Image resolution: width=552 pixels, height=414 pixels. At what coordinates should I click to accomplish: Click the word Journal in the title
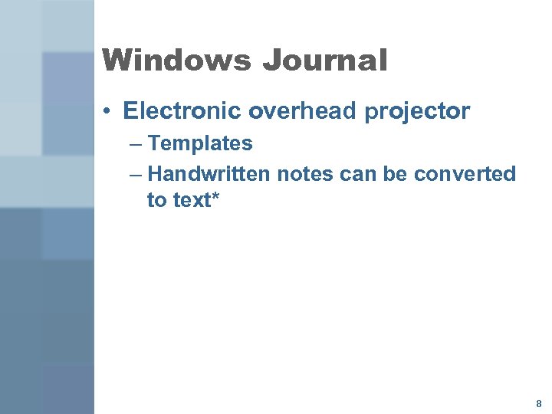click(x=325, y=61)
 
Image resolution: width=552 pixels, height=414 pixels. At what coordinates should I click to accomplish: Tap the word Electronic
click(x=182, y=111)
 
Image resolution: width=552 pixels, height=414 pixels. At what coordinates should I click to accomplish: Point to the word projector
click(x=417, y=112)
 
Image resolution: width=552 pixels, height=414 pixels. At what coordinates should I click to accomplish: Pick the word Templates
click(x=200, y=143)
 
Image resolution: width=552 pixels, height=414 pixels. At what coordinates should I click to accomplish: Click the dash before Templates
click(x=136, y=144)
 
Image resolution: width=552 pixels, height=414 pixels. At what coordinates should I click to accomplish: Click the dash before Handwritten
click(x=136, y=175)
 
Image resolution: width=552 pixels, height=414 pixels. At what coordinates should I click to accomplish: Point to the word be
click(x=396, y=174)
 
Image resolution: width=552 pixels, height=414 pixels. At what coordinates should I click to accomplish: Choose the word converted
click(x=465, y=174)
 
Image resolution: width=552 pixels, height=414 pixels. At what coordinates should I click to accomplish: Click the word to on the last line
click(x=156, y=201)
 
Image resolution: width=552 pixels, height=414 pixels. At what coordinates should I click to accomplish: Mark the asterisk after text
click(x=216, y=197)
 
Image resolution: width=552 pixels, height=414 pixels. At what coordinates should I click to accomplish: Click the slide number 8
click(x=539, y=402)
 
